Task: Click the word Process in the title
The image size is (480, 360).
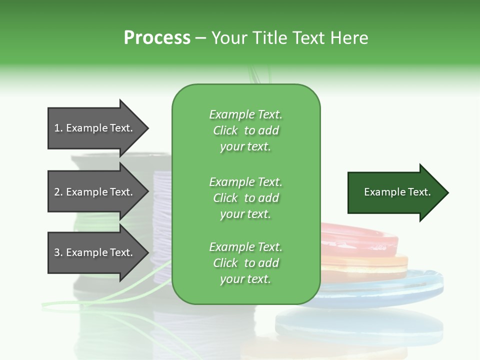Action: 157,38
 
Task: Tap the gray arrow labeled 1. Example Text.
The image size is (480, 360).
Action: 95,128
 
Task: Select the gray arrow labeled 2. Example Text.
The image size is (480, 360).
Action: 95,192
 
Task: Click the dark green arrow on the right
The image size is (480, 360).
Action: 395,192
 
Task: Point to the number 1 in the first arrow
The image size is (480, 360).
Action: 57,128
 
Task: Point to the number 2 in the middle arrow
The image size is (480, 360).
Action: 57,192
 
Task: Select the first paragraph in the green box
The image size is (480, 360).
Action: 245,130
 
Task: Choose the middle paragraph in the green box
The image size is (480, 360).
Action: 245,198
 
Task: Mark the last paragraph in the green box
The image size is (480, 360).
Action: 245,263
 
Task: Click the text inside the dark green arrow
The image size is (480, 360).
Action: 397,192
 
